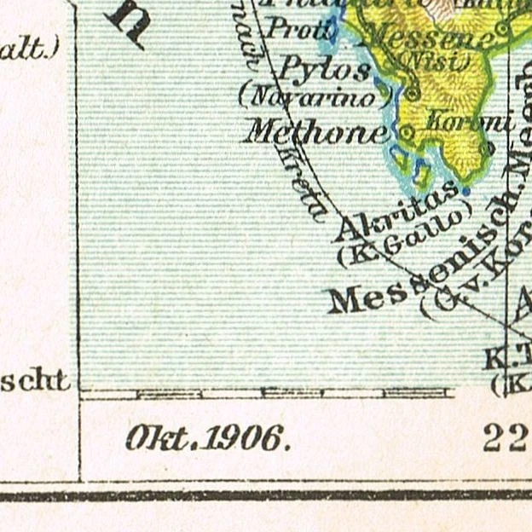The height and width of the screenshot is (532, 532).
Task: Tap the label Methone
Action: (316, 131)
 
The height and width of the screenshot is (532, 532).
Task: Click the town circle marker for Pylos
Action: (413, 93)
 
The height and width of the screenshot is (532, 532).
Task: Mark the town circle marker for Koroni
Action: (487, 147)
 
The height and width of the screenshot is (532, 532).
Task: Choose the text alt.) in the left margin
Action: (31, 49)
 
